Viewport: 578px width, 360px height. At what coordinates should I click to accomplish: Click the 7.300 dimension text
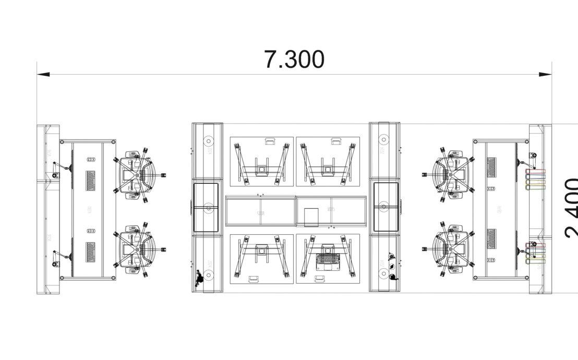click(294, 59)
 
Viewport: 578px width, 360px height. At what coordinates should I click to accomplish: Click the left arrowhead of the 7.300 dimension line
click(43, 75)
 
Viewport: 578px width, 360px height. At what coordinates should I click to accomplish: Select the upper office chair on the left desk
click(137, 174)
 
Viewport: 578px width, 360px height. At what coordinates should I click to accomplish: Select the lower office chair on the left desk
click(137, 248)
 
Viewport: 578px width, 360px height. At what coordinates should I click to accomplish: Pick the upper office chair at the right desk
click(452, 175)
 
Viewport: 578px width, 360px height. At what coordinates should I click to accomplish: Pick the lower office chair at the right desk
click(452, 249)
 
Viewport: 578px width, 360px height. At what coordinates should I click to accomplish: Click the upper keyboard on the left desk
click(91, 180)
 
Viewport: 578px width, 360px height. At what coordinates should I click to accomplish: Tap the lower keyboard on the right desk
click(491, 239)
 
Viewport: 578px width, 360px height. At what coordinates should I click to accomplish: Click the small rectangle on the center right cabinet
click(310, 217)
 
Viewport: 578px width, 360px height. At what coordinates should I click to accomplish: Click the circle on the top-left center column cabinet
click(208, 140)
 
